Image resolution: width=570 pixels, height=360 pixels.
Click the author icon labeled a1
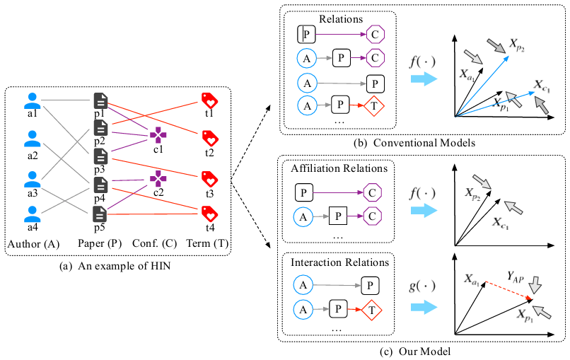[x=31, y=101]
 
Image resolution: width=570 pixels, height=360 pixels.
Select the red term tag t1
[x=209, y=100]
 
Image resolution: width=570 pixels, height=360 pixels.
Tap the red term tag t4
[x=209, y=212]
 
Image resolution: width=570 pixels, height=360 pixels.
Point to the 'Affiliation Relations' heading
[x=339, y=168]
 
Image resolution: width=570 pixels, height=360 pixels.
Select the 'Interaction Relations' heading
[x=339, y=262]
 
